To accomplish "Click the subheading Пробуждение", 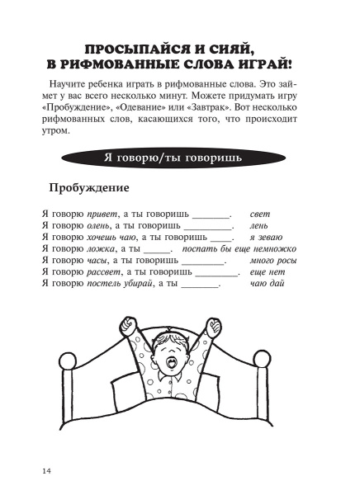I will (x=90, y=188).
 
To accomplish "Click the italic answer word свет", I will (x=260, y=214).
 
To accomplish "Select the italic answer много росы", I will (x=272, y=261).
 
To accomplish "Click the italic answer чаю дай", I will (x=267, y=284).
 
